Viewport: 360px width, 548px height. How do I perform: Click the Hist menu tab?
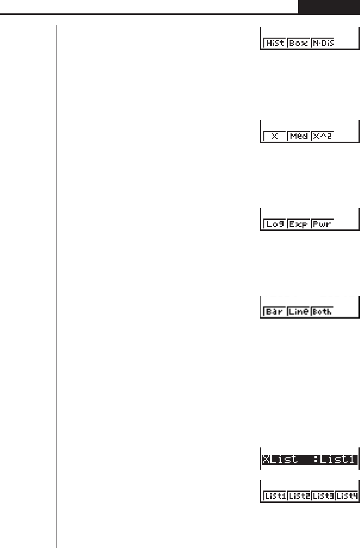pyautogui.click(x=274, y=44)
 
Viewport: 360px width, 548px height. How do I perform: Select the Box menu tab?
pyautogui.click(x=299, y=44)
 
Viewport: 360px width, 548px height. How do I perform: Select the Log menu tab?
pyautogui.click(x=274, y=224)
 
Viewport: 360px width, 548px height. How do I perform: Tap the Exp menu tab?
pyautogui.click(x=299, y=224)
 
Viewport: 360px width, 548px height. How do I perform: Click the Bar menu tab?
pyautogui.click(x=274, y=312)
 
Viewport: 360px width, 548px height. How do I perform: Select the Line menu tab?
pyautogui.click(x=299, y=312)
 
